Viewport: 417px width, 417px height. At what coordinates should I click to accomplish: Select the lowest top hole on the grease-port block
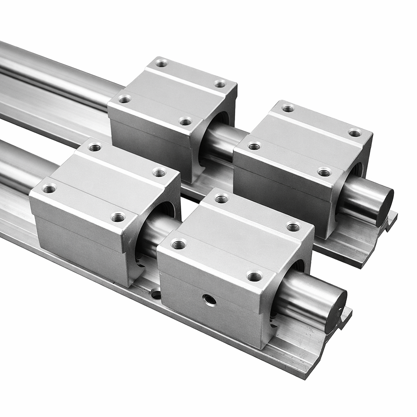tap(255, 277)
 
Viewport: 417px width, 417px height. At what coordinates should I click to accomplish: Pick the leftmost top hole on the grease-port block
tap(178, 245)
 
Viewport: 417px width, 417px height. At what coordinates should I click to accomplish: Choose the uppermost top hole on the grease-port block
tap(221, 199)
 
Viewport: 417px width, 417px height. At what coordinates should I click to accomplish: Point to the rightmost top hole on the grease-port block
tap(293, 227)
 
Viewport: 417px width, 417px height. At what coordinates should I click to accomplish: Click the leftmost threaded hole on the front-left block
tap(49, 189)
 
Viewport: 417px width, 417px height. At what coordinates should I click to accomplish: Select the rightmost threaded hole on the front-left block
tap(159, 172)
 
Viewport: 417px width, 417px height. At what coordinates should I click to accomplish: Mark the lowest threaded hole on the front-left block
tap(118, 217)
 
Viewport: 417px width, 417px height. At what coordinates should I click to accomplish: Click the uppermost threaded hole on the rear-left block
tap(162, 63)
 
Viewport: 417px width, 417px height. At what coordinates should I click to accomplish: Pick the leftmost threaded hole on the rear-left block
tap(125, 99)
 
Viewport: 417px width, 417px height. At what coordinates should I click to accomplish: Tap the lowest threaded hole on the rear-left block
tap(186, 121)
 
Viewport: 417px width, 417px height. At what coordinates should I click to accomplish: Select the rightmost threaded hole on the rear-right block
tap(355, 133)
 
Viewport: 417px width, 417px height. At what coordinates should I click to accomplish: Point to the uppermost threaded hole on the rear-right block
tap(288, 108)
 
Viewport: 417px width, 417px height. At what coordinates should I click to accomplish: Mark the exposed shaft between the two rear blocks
tap(222, 140)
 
